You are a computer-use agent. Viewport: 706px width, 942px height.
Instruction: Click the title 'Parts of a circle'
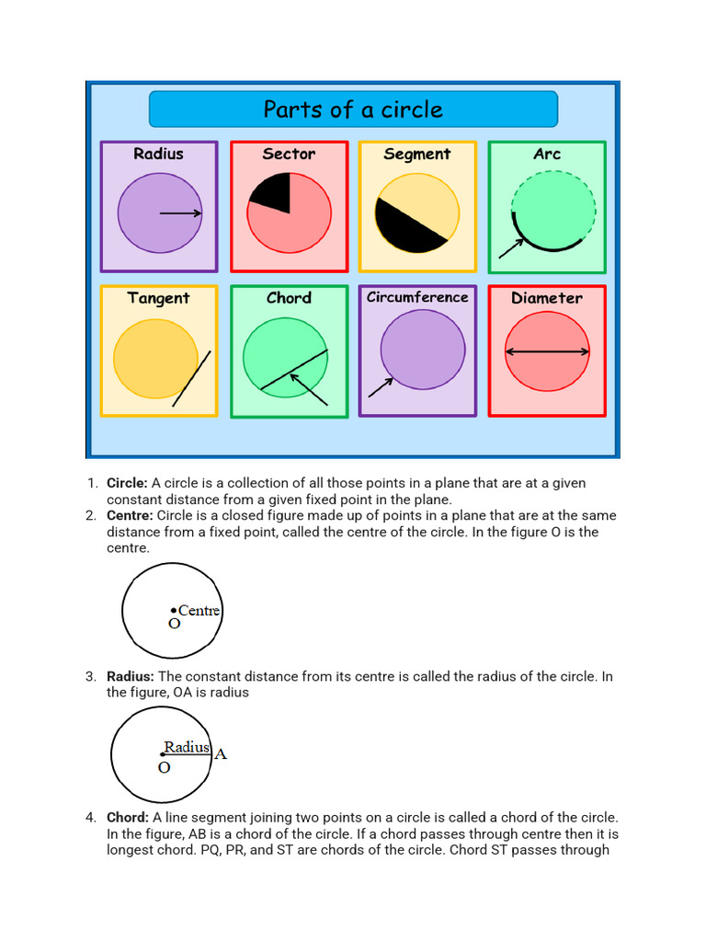pos(353,109)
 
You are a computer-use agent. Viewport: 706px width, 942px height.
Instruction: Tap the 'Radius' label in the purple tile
pos(158,154)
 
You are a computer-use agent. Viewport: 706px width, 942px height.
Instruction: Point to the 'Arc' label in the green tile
pos(547,154)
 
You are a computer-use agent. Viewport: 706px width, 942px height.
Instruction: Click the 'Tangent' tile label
pos(158,298)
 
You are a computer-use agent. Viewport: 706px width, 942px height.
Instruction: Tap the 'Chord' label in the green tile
pos(289,298)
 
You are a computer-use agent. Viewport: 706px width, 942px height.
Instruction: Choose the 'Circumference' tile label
pos(417,297)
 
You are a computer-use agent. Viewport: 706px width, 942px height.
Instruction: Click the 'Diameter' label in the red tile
pos(547,298)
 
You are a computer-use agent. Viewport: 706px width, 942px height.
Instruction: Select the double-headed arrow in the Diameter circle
pos(548,351)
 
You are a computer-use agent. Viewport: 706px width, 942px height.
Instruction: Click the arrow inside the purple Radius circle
pos(181,213)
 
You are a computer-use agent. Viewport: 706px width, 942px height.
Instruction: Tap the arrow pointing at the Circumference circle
pos(380,387)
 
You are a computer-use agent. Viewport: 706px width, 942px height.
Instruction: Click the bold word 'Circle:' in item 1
pos(127,483)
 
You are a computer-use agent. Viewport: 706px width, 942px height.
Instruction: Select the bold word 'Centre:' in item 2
pos(130,515)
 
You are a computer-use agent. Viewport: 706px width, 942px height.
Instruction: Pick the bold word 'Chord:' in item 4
pos(128,817)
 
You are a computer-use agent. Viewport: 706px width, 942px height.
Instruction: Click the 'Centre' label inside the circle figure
pos(199,610)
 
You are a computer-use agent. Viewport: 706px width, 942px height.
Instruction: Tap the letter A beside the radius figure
pos(221,754)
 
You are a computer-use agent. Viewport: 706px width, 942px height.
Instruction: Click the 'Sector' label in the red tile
pos(289,154)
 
